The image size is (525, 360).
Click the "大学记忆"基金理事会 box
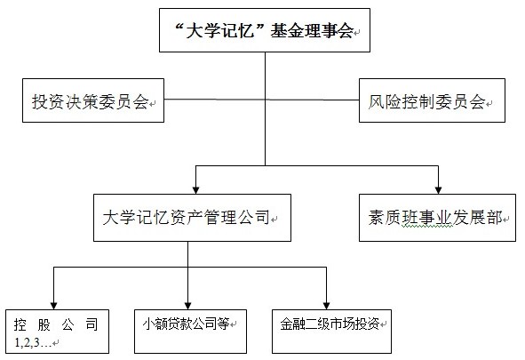(265, 30)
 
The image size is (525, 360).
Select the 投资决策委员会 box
(93, 100)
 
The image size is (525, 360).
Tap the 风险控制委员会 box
(432, 100)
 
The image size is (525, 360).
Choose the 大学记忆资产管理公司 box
(192, 218)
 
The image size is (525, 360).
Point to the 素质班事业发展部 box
(437, 218)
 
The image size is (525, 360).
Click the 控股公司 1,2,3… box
(57, 332)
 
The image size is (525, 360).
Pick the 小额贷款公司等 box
(190, 332)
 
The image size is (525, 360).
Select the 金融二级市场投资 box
(331, 332)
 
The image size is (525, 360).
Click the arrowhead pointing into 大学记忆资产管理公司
(195, 190)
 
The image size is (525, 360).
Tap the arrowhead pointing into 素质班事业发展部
(438, 190)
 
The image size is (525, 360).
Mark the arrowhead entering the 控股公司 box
(54, 306)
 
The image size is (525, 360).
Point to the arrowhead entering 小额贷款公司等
(187, 306)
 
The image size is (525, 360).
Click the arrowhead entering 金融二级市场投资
(326, 306)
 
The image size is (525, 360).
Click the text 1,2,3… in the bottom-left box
(33, 342)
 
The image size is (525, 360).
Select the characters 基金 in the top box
(287, 31)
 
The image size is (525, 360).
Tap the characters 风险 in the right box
(385, 102)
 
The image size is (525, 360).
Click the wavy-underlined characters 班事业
(427, 218)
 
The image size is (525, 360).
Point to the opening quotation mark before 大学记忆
(180, 27)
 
